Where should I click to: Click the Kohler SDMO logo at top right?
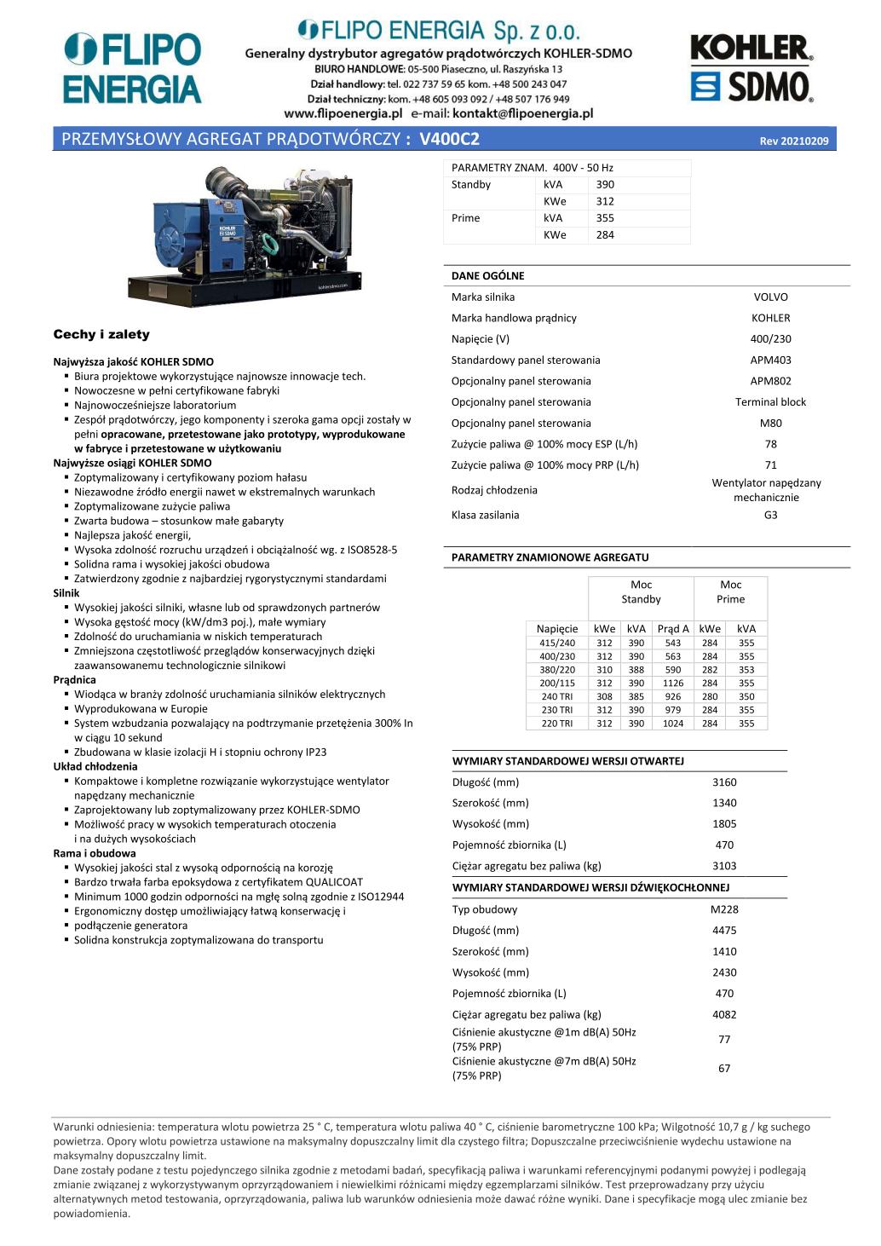[751, 68]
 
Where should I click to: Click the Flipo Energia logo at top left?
[133, 68]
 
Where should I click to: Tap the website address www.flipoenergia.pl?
[343, 113]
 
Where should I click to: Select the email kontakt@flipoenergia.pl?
[522, 113]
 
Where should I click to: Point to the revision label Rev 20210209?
[793, 141]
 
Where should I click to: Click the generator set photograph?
[250, 232]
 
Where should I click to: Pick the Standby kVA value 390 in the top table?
[605, 185]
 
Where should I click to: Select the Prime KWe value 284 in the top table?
[605, 235]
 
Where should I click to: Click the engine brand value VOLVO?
[770, 297]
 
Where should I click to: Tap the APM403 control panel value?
[770, 361]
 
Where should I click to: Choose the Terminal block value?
[770, 402]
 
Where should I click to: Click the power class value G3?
[770, 516]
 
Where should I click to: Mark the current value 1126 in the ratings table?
[673, 684]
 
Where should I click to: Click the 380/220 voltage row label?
[557, 670]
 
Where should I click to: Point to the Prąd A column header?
[673, 629]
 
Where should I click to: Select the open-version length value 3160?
[724, 782]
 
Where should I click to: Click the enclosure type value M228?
[724, 909]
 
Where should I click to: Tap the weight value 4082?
[724, 1015]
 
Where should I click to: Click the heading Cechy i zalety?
[101, 335]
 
